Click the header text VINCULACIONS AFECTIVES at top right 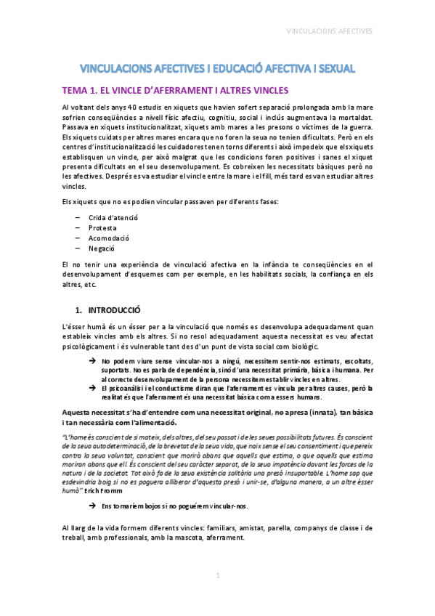[330, 32]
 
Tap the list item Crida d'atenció [113, 217]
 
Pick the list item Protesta [102, 227]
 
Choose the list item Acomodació [108, 238]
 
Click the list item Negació [102, 248]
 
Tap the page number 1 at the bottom [216, 576]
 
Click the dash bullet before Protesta [77, 227]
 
